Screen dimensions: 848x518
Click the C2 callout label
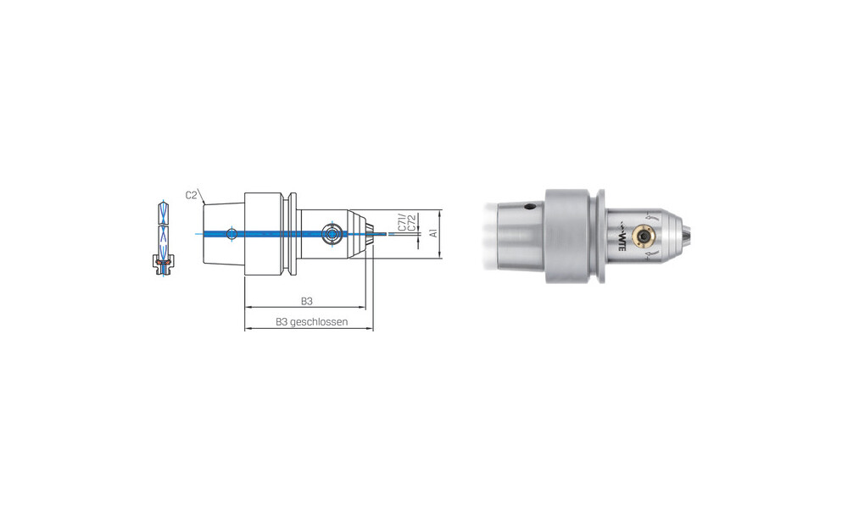pyautogui.click(x=192, y=195)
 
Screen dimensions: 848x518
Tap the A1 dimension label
pyautogui.click(x=433, y=233)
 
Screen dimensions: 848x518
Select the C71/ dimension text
pyautogui.click(x=401, y=221)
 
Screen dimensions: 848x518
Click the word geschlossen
pyautogui.click(x=319, y=322)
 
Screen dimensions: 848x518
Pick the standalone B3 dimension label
pyautogui.click(x=307, y=301)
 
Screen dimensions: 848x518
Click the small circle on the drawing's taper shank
pyautogui.click(x=232, y=234)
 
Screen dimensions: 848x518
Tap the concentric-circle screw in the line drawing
pyautogui.click(x=331, y=234)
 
